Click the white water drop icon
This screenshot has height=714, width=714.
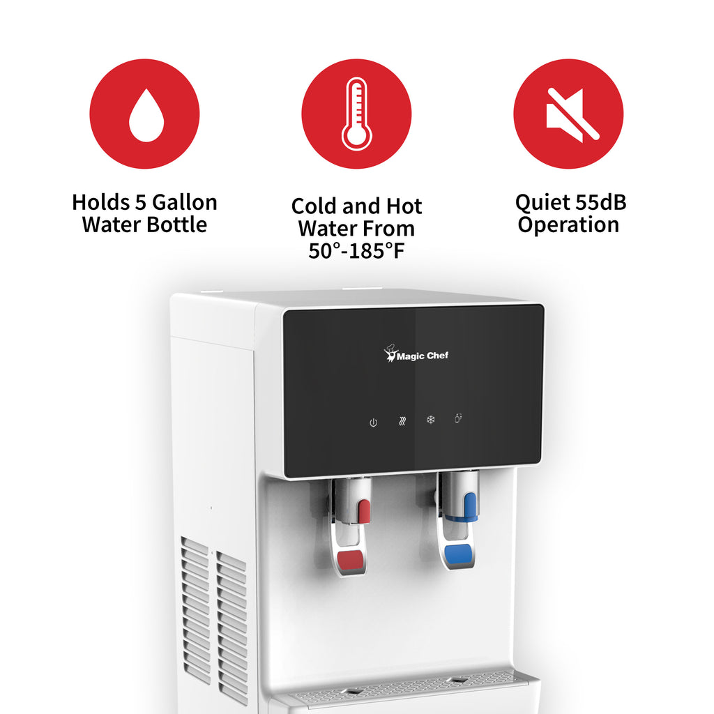(x=146, y=116)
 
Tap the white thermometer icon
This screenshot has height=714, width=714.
(x=356, y=114)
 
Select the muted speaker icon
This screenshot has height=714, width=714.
(x=572, y=114)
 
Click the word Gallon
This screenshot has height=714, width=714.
(x=184, y=202)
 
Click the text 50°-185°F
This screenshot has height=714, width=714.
(x=356, y=250)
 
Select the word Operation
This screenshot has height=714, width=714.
(x=568, y=225)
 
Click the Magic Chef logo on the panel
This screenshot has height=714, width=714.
(x=416, y=354)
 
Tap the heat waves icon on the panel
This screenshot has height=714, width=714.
(x=402, y=421)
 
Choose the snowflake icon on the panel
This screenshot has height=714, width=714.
(x=430, y=419)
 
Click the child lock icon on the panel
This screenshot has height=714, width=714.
(x=458, y=418)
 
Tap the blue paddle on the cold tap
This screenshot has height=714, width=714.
(x=457, y=553)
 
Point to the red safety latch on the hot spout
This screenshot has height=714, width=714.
(x=364, y=511)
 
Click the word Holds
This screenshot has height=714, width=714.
(x=100, y=202)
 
